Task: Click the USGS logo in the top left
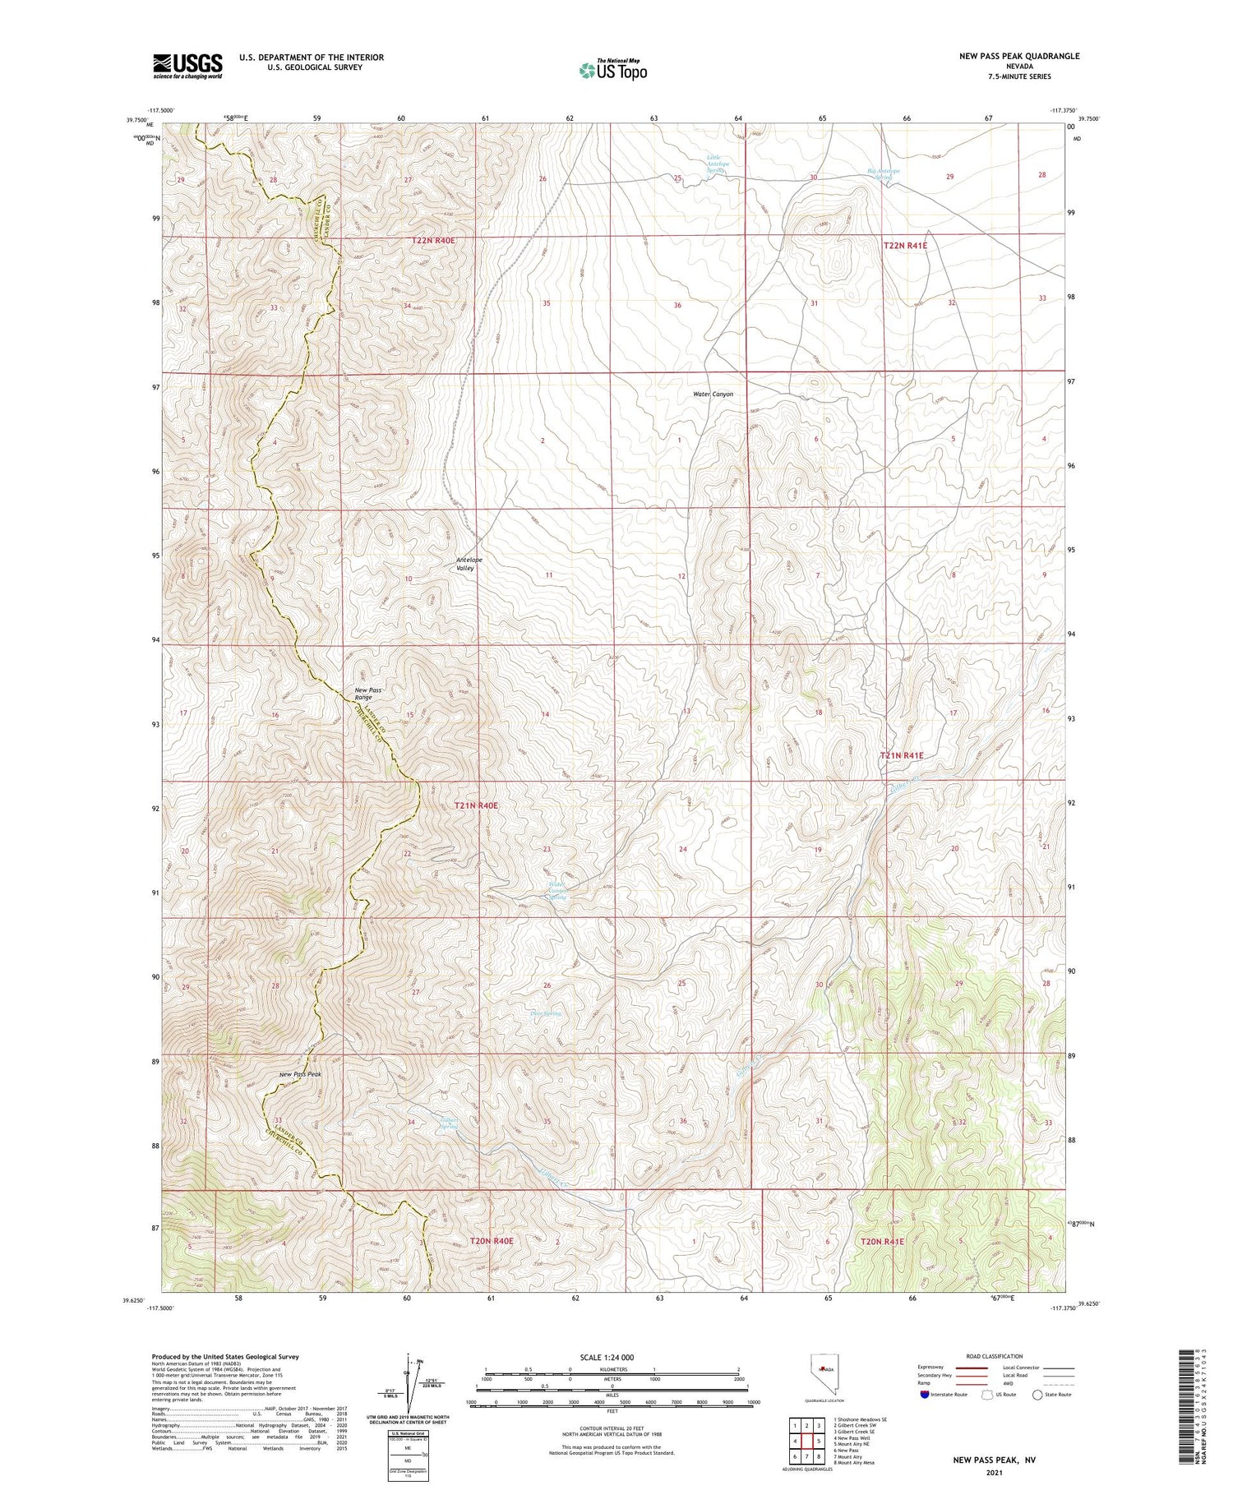point(187,66)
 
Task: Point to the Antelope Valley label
point(469,564)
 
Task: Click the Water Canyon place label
point(713,394)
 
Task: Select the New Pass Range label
point(363,694)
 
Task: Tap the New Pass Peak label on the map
point(300,1074)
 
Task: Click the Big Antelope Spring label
point(884,174)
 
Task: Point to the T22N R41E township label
point(905,246)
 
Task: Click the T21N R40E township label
point(476,806)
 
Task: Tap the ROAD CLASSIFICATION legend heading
point(995,1356)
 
